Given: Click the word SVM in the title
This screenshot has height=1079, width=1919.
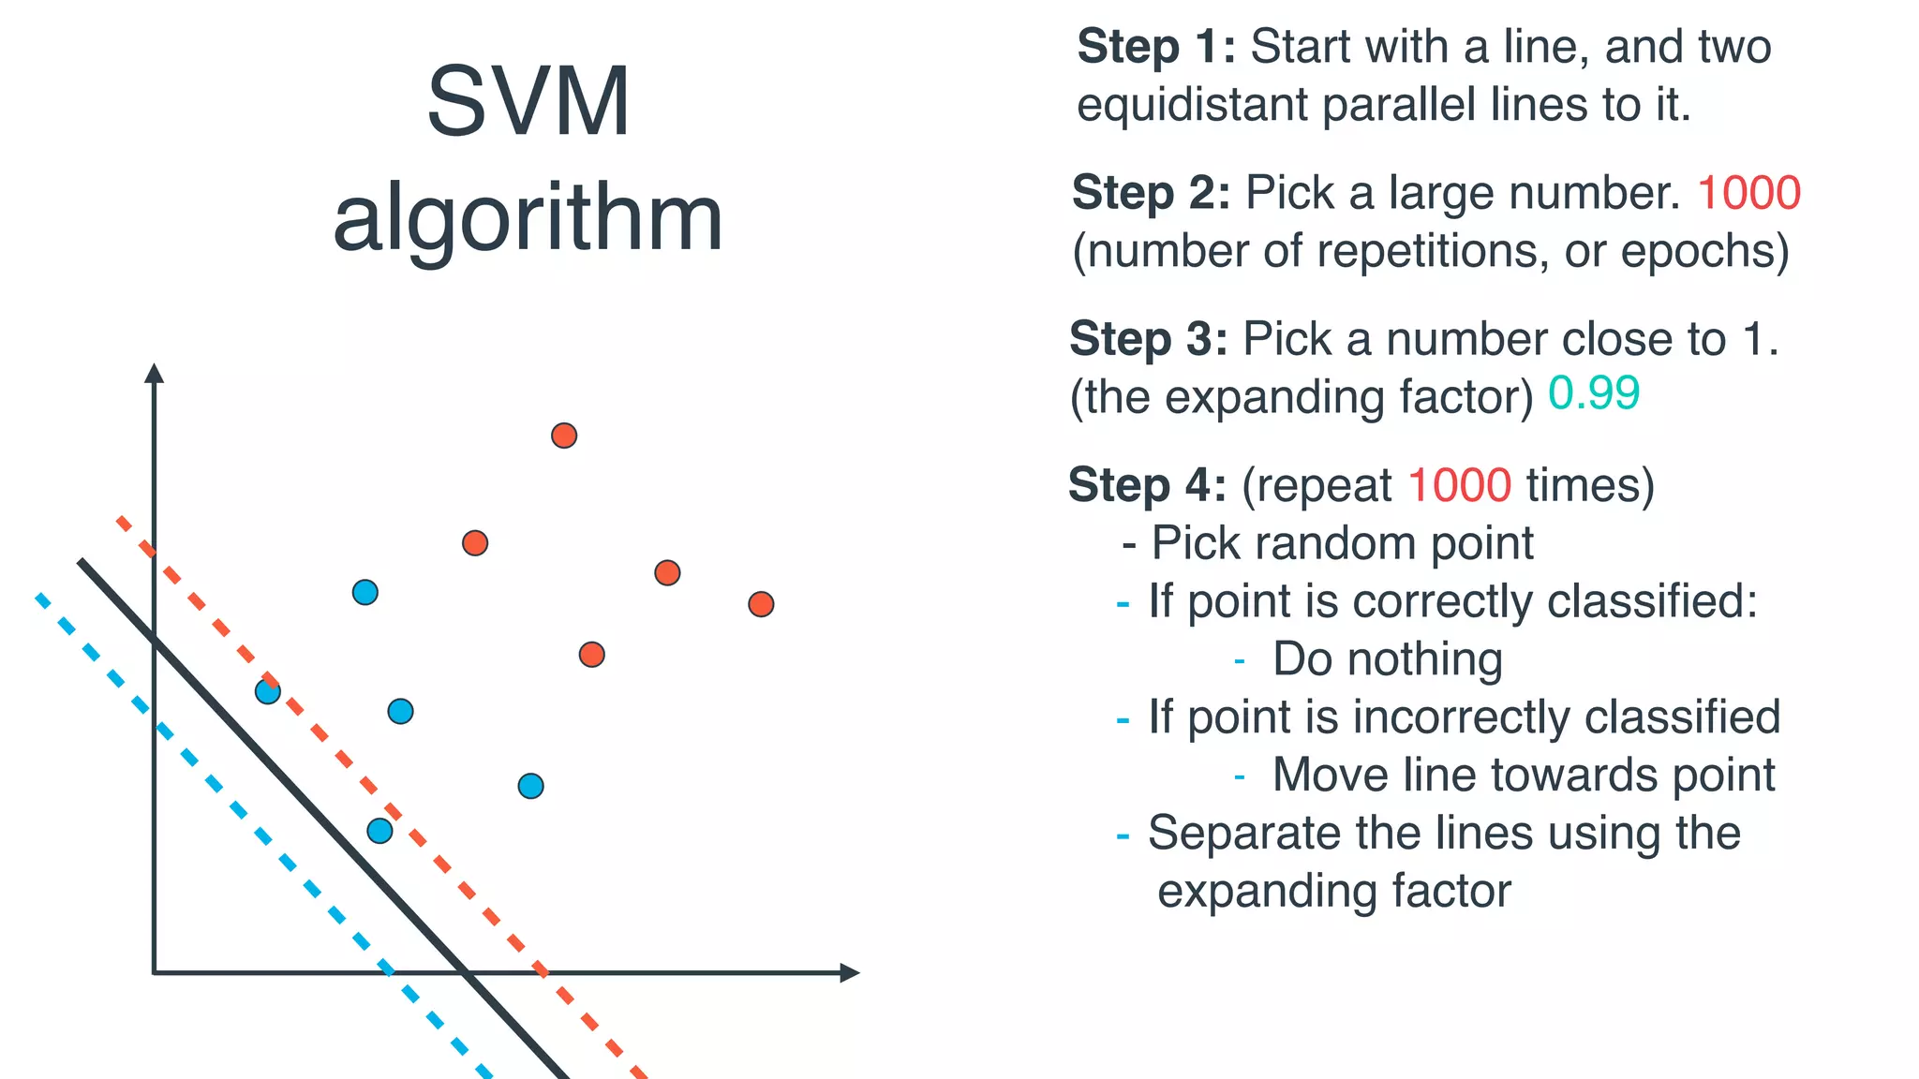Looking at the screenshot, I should pos(528,102).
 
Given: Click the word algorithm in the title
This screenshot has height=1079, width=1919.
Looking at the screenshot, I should pos(528,218).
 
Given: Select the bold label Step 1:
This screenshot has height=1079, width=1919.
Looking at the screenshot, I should pos(1156,47).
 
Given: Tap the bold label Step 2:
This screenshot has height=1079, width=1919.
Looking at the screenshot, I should pos(1151,193).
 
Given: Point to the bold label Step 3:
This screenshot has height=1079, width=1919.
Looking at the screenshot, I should pos(1149,339).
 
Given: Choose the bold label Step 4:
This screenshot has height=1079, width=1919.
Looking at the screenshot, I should pos(1147,485).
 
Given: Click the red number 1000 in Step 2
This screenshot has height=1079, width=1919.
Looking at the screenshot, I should pos(1748,193).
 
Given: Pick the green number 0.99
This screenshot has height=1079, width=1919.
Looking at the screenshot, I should pos(1593,393).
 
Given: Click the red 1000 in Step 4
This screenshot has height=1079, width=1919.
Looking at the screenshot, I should pos(1459,485).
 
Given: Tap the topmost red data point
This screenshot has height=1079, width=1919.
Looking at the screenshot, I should pos(564,436).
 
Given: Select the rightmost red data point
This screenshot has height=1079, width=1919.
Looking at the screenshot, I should pos(761,604).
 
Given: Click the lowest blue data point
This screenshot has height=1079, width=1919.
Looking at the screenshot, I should pos(379,831).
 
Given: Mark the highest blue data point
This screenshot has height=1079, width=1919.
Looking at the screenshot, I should pos(365,592).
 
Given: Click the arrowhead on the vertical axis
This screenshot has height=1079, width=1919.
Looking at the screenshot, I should pos(155,373).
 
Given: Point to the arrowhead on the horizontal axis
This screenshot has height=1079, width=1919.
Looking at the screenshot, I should pos(849,973).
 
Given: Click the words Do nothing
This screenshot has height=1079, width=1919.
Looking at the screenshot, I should pos(1387,659).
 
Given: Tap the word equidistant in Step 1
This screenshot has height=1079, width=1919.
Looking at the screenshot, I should pos(1191,105).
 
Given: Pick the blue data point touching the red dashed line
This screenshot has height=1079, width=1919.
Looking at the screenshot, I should pos(268,692).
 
